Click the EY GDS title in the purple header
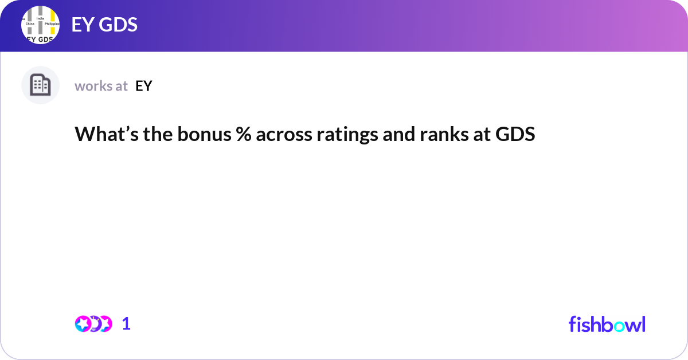tap(104, 25)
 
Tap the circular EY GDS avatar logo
tap(40, 25)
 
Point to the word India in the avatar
tap(40, 18)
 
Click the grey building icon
tap(40, 85)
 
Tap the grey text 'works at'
tap(101, 86)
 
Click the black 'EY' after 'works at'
tap(143, 86)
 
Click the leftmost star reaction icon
tap(83, 324)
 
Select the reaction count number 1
tap(126, 324)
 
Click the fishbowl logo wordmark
tap(607, 324)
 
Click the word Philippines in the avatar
tap(52, 25)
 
